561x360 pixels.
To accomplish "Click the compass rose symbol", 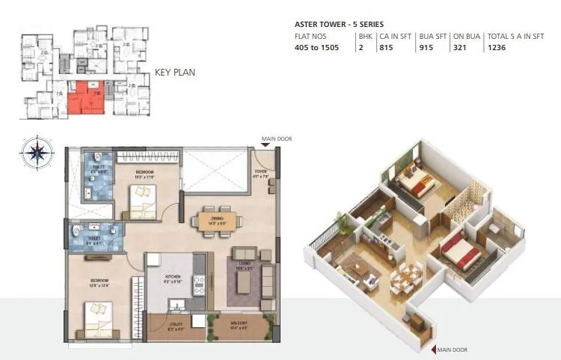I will tap(37, 152).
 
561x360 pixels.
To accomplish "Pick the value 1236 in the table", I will tap(497, 48).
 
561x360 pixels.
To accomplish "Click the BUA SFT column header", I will tap(432, 36).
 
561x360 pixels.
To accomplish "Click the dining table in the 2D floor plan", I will tap(217, 221).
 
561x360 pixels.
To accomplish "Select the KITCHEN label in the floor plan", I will tap(174, 276).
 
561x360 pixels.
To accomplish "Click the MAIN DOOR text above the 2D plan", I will tap(277, 138).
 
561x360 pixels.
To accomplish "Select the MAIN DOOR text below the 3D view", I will tap(453, 350).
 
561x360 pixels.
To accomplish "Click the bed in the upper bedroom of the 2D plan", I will tap(141, 198).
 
